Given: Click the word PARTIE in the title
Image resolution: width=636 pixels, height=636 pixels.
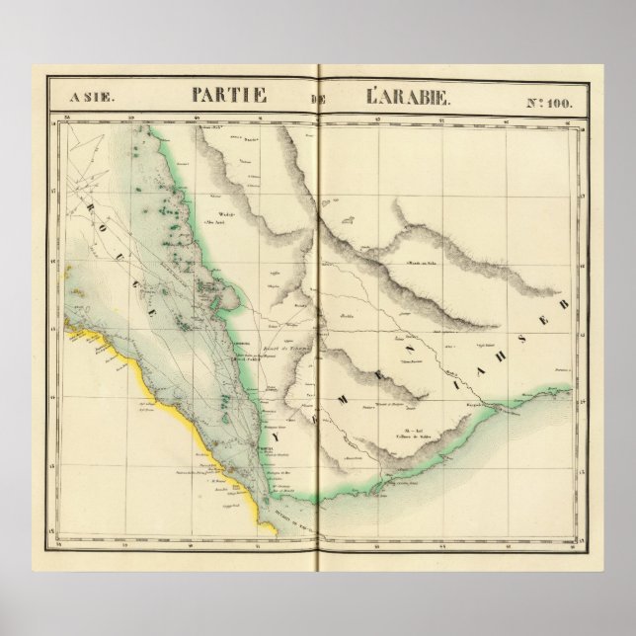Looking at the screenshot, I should coord(230,98).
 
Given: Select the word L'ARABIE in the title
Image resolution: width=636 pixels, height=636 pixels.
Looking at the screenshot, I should coord(409,98).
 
